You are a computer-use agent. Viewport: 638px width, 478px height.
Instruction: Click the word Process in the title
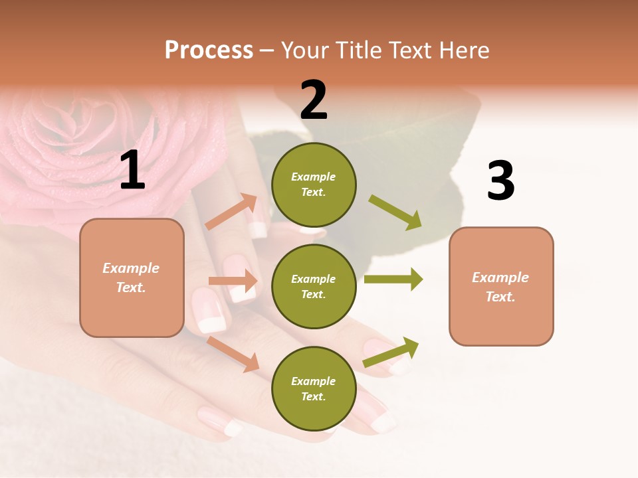(209, 50)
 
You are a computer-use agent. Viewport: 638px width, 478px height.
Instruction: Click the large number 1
(132, 171)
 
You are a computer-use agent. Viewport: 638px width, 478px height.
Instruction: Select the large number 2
(314, 100)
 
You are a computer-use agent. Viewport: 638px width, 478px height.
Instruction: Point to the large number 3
(500, 181)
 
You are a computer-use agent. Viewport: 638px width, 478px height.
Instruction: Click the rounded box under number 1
(132, 278)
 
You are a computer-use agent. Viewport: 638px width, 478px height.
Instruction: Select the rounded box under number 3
(501, 287)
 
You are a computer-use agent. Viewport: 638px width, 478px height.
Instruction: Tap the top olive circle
(314, 185)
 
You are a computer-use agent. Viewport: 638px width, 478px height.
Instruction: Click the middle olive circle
(314, 286)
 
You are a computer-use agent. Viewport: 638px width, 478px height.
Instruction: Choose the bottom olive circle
(314, 388)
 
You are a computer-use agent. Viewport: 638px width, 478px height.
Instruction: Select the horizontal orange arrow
(233, 281)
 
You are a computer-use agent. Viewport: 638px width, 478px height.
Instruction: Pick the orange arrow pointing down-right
(233, 354)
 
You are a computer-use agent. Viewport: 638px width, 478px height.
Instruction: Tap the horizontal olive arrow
(393, 279)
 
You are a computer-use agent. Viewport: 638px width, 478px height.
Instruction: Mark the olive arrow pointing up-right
(391, 353)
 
